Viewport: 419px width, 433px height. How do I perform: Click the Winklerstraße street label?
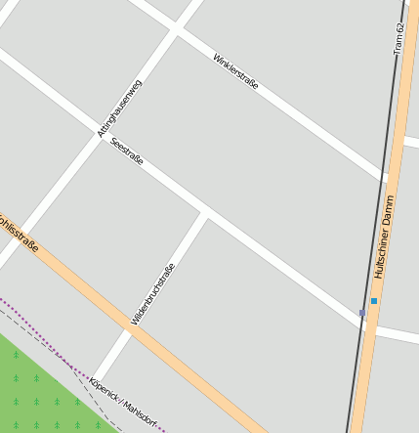235,72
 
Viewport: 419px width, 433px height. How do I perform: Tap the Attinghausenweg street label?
120,107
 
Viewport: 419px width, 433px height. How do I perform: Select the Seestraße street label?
127,152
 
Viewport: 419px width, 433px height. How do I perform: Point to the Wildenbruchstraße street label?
152,294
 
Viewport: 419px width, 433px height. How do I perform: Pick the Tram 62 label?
398,38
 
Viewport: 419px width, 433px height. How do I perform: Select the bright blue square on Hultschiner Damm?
373,301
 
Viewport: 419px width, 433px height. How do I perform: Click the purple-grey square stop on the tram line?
362,313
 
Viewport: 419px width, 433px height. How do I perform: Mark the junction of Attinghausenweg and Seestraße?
102,137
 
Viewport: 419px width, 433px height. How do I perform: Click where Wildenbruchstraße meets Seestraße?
204,212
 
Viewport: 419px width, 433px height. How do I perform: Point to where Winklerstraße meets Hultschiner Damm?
390,178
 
